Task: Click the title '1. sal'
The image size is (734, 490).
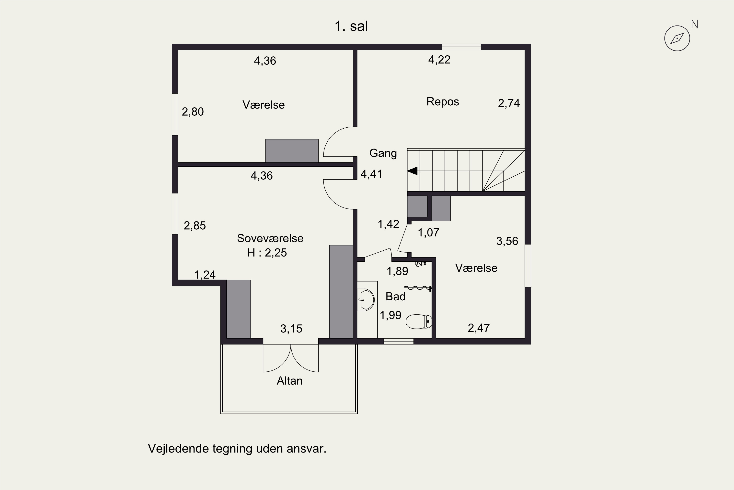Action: [351, 26]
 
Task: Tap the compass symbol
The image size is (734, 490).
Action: [677, 38]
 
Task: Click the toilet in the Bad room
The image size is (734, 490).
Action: [419, 321]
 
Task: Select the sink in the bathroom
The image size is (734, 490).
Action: [366, 300]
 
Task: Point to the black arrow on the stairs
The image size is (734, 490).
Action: [412, 171]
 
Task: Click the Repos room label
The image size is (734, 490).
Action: [443, 102]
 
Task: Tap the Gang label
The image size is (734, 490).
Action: [383, 153]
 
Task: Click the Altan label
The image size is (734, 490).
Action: [290, 381]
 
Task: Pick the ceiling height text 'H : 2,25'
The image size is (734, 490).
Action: [267, 253]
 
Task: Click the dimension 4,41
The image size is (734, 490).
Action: [371, 174]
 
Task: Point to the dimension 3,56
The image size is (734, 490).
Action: [507, 241]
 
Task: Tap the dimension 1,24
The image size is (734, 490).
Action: [205, 275]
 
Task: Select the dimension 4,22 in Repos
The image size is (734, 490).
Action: [439, 60]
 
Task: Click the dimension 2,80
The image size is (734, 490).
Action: [193, 111]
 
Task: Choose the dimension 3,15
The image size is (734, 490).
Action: [291, 329]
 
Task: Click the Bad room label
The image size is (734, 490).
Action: [395, 296]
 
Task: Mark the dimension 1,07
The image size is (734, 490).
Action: [428, 233]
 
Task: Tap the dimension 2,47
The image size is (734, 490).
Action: [479, 328]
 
